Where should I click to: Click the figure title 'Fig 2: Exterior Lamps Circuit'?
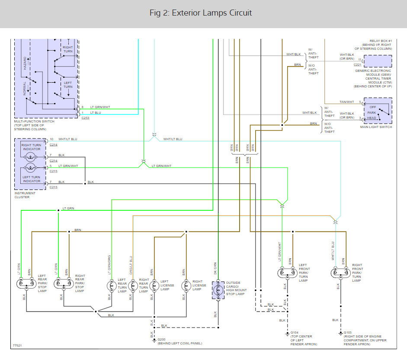click(201, 13)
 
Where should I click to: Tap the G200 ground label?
click(161, 340)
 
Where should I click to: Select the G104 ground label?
click(295, 332)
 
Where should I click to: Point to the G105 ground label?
click(348, 332)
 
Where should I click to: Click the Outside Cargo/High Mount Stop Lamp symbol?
click(218, 290)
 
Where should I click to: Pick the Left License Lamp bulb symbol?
click(154, 286)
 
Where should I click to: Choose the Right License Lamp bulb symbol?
click(186, 286)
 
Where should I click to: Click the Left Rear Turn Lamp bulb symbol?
click(112, 286)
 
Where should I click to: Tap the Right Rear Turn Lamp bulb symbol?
click(133, 286)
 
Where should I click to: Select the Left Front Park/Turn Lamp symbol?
click(287, 273)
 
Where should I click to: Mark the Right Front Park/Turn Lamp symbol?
click(340, 273)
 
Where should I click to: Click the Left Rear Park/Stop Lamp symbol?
click(26, 283)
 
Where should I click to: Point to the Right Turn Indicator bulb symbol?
click(30, 157)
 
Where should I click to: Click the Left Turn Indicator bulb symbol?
click(30, 168)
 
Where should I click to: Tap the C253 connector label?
click(85, 118)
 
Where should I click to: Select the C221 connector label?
click(357, 64)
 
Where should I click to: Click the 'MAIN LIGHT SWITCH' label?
click(376, 127)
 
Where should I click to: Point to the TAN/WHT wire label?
click(347, 102)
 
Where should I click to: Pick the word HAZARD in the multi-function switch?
click(25, 63)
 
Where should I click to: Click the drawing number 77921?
click(17, 345)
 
